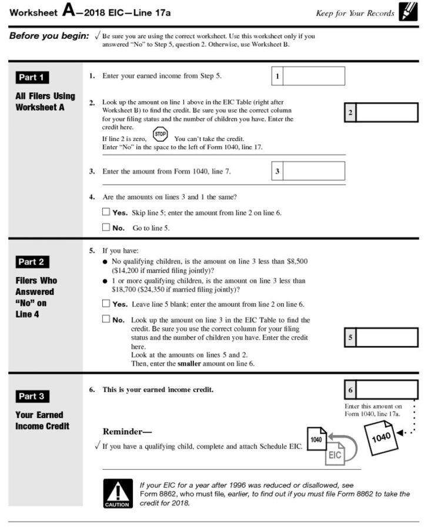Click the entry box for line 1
pos(314,76)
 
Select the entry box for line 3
pos(314,171)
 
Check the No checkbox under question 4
pos(106,227)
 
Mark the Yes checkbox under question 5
pos(106,304)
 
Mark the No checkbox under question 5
pos(106,320)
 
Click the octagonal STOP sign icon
pos(160,134)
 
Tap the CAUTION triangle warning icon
pos(117,493)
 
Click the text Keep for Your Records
pos(355,13)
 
